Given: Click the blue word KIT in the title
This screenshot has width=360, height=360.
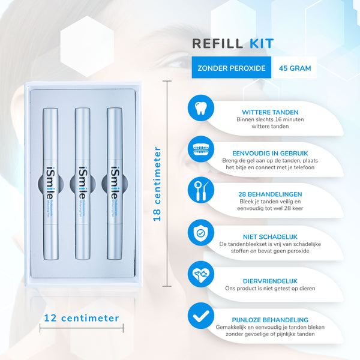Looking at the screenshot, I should pyautogui.click(x=260, y=44).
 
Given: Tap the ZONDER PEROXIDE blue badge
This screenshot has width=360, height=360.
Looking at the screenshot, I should pyautogui.click(x=232, y=68).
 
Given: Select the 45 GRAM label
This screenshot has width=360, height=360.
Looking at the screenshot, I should pyautogui.click(x=295, y=68).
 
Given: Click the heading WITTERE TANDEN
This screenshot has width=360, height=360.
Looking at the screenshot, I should pyautogui.click(x=270, y=112).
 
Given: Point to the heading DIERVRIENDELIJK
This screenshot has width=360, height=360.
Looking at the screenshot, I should pyautogui.click(x=270, y=280).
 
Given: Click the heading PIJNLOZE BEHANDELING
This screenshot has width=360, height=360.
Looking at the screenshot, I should pyautogui.click(x=270, y=320).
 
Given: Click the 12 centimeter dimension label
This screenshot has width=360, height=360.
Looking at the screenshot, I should pyautogui.click(x=82, y=318).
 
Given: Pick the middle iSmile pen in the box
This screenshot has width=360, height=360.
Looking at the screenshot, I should pyautogui.click(x=82, y=182).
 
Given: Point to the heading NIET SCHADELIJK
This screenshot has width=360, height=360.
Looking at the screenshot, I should pyautogui.click(x=270, y=236).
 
